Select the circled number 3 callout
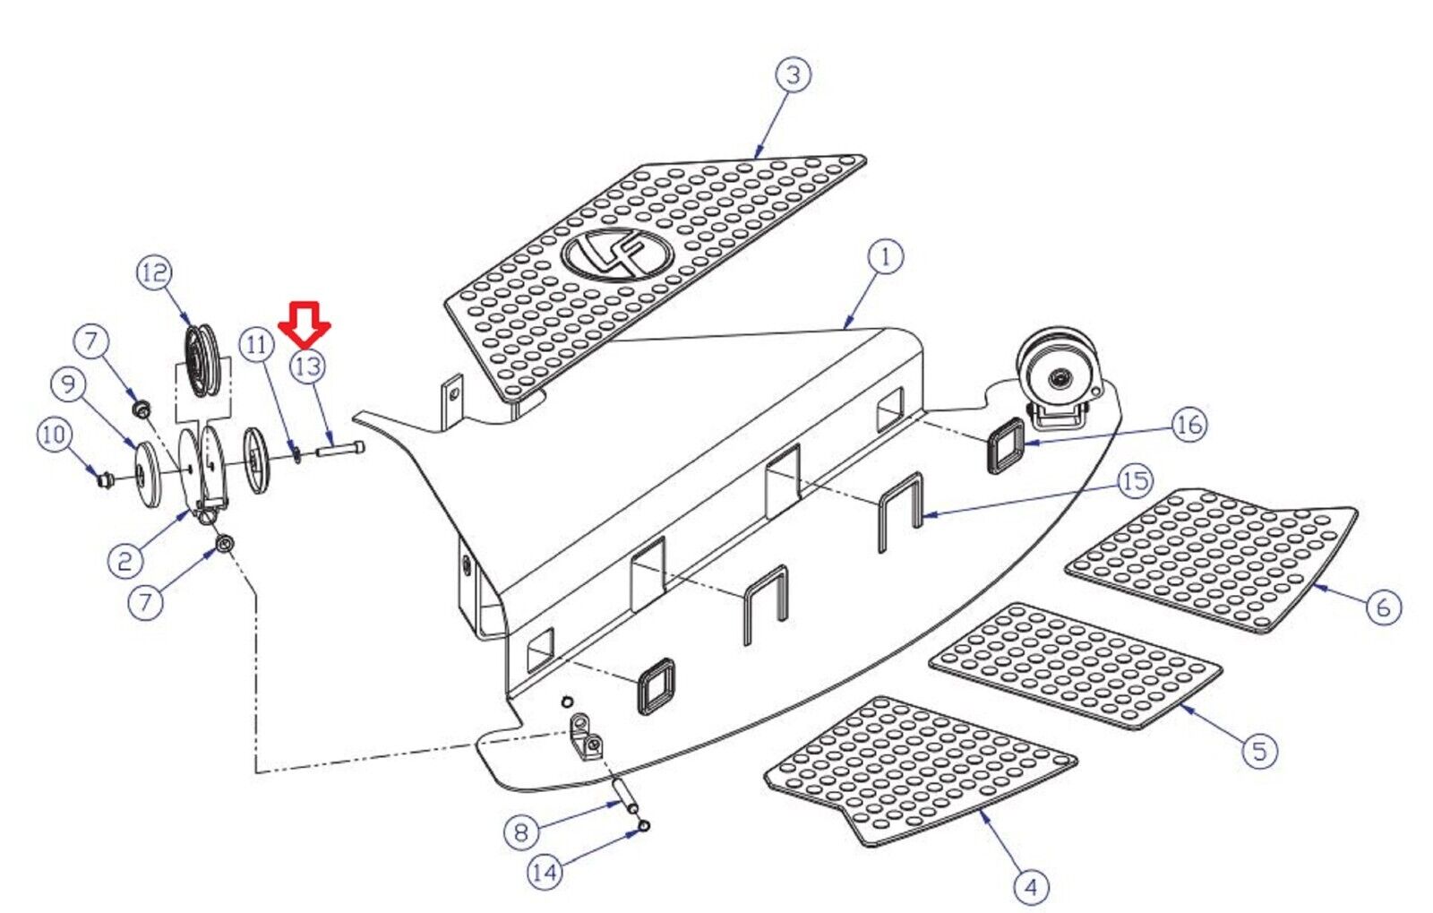click(x=794, y=75)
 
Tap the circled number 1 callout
click(x=886, y=258)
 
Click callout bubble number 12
click(x=156, y=273)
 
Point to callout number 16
click(x=1189, y=425)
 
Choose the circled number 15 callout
click(x=1135, y=481)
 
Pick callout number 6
click(x=1383, y=607)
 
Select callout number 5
click(x=1259, y=750)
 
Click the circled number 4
click(x=1032, y=887)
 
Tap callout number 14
click(x=545, y=872)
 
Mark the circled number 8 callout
click(x=521, y=832)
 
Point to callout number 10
click(x=55, y=435)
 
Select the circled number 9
click(x=68, y=383)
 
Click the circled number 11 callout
click(x=256, y=346)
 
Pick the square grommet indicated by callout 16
click(x=1007, y=444)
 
